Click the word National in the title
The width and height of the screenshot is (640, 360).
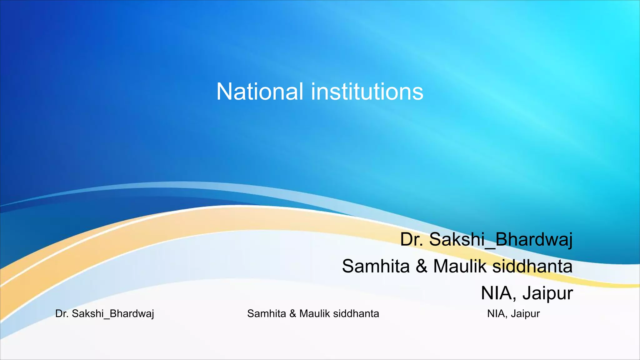click(260, 92)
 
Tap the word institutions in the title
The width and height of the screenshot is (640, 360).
click(367, 92)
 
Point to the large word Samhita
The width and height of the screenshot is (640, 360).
click(376, 266)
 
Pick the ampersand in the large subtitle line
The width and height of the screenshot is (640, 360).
click(421, 267)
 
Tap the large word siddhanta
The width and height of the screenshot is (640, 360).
click(532, 266)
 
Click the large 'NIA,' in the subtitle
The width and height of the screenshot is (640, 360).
click(499, 293)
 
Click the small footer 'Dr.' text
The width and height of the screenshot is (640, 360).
click(62, 313)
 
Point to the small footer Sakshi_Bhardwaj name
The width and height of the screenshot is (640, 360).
click(113, 314)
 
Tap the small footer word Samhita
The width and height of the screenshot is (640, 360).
click(266, 313)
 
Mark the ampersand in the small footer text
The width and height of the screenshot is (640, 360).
click(292, 313)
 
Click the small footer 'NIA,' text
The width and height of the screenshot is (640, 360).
click(497, 314)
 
